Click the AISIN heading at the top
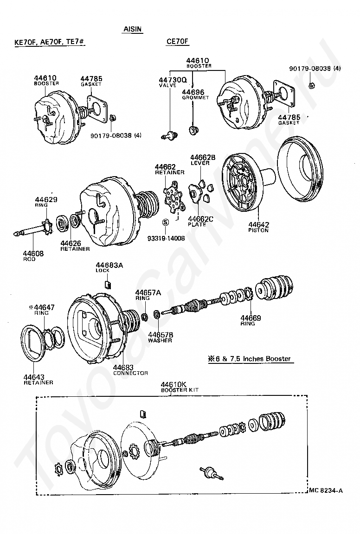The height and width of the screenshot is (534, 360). pyautogui.click(x=132, y=29)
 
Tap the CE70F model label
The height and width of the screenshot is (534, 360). pyautogui.click(x=177, y=42)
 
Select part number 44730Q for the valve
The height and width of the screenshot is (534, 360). pyautogui.click(x=173, y=80)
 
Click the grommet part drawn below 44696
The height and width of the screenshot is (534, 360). pyautogui.click(x=193, y=129)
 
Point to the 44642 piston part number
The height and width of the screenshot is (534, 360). pyautogui.click(x=258, y=224)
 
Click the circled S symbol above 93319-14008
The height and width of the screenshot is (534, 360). pyautogui.click(x=165, y=222)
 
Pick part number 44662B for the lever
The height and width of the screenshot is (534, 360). pyautogui.click(x=203, y=157)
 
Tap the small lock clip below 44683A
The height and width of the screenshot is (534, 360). pyautogui.click(x=107, y=284)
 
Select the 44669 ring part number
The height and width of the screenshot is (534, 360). pyautogui.click(x=251, y=318)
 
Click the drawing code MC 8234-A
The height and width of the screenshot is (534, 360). pyautogui.click(x=326, y=490)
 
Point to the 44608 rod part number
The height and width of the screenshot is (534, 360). pyautogui.click(x=33, y=254)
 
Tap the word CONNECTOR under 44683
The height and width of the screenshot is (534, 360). pyautogui.click(x=130, y=373)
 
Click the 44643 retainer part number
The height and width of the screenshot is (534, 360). pyautogui.click(x=34, y=377)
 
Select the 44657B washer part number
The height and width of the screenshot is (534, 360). pyautogui.click(x=161, y=335)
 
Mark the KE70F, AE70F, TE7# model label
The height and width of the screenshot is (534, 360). pyautogui.click(x=49, y=42)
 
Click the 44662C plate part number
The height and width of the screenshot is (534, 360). pyautogui.click(x=200, y=219)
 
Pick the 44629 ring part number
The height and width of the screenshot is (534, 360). pyautogui.click(x=46, y=200)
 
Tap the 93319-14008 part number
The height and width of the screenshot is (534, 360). pyautogui.click(x=166, y=238)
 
